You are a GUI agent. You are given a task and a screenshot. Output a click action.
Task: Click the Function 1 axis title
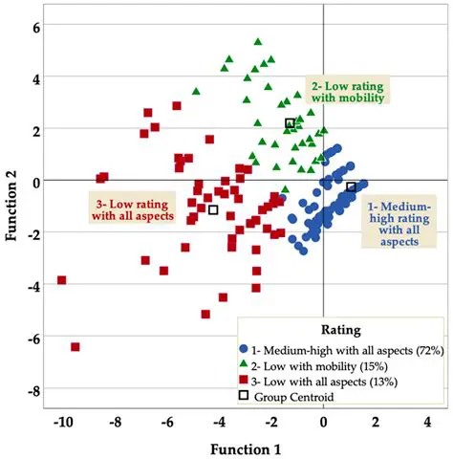tap(244, 446)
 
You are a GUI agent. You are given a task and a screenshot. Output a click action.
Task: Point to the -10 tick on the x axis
tap(63, 421)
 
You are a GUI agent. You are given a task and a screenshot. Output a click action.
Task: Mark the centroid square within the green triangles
tap(290, 123)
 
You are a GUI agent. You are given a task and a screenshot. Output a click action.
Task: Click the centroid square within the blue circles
tap(351, 187)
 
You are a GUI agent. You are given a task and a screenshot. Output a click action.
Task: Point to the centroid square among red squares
tap(213, 209)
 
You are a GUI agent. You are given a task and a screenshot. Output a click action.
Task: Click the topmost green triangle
tap(258, 42)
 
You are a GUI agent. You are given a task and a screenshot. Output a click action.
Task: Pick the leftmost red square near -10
tap(62, 280)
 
